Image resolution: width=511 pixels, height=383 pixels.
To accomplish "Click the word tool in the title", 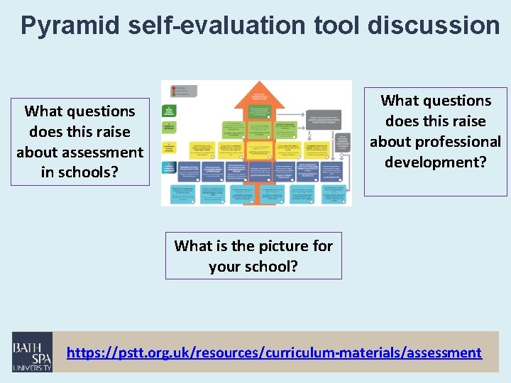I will pos(336,25).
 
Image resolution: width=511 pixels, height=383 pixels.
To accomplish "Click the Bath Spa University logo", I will pos(32,352).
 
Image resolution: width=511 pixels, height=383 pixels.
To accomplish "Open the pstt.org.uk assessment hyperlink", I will pos(274,352).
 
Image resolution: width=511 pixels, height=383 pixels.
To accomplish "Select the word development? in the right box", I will pos(435,162).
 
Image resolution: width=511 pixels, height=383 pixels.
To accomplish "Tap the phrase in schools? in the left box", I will pos(79,172).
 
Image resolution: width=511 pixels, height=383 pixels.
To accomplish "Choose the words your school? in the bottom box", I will pos(253,267).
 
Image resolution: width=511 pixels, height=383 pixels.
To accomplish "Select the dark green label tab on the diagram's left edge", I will pos(168,111).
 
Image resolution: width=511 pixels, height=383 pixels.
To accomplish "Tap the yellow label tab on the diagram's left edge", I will pos(168,147).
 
